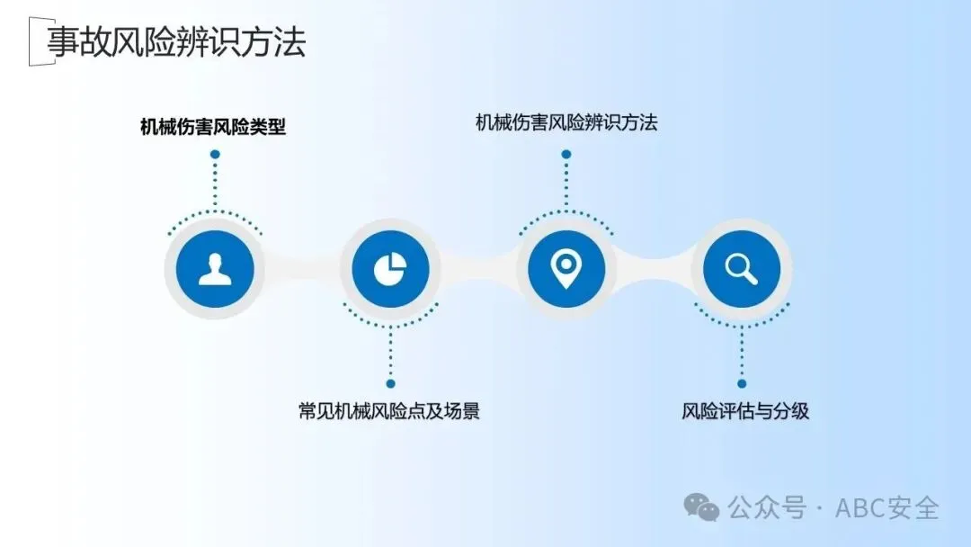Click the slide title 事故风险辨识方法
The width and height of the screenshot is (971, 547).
176,42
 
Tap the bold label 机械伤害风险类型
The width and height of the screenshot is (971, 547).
213,127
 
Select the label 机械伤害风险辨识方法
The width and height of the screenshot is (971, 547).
566,122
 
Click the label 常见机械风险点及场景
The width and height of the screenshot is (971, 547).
389,411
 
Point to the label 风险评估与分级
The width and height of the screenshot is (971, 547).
745,411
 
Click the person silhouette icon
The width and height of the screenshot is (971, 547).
215,269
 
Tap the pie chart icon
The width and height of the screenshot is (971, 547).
390,269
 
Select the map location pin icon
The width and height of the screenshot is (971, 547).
566,268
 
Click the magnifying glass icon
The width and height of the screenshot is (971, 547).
742,269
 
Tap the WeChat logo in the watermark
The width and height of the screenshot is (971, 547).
701,507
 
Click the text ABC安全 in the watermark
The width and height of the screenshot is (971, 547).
887,507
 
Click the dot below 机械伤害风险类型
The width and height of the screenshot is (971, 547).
215,155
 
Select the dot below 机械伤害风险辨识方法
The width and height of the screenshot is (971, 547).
566,155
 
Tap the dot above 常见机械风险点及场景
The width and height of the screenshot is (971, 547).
390,383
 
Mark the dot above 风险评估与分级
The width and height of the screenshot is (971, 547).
742,383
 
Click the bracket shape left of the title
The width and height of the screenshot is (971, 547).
34,42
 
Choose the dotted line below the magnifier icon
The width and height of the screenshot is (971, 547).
742,351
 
